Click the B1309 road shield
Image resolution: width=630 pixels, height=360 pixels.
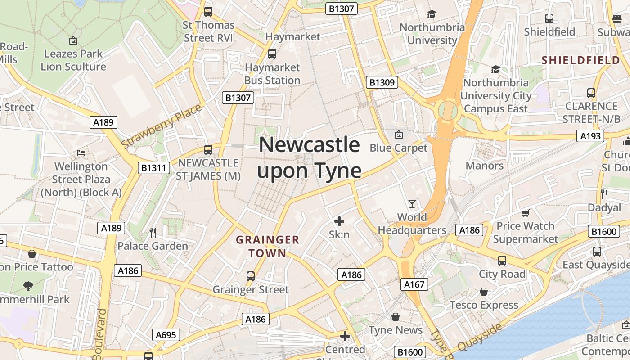pyautogui.click(x=382, y=82)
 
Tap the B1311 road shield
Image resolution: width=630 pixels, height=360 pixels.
pyautogui.click(x=154, y=168)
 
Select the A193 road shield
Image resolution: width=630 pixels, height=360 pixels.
pyautogui.click(x=590, y=136)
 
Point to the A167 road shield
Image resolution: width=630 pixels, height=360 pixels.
pyautogui.click(x=414, y=284)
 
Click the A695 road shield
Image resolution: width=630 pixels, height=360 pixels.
pyautogui.click(x=166, y=335)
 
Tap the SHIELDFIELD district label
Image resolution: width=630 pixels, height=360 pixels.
pyautogui.click(x=580, y=60)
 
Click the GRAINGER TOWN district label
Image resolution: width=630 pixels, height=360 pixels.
pyautogui.click(x=268, y=246)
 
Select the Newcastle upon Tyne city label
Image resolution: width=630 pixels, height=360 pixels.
pyautogui.click(x=310, y=157)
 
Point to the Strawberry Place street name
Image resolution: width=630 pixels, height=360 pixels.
pyautogui.click(x=162, y=126)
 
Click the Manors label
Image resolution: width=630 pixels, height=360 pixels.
pyautogui.click(x=484, y=166)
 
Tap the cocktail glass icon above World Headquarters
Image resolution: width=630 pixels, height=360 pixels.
pyautogui.click(x=412, y=203)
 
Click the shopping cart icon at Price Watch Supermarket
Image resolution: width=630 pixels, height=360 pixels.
pyautogui.click(x=525, y=212)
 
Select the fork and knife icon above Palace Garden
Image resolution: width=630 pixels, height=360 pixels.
pyautogui.click(x=153, y=232)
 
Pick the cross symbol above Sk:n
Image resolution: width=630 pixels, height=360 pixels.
pyautogui.click(x=339, y=221)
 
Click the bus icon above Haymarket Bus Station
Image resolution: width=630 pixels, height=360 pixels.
pyautogui.click(x=272, y=54)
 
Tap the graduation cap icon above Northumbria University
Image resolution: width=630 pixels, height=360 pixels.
pyautogui.click(x=432, y=14)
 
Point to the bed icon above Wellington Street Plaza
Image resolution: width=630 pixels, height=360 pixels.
pyautogui.click(x=81, y=153)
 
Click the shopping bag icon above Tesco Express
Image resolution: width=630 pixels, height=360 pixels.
pyautogui.click(x=484, y=292)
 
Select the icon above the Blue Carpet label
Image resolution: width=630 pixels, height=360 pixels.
pyautogui.click(x=398, y=135)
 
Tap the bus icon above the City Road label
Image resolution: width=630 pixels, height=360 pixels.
pyautogui.click(x=502, y=260)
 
